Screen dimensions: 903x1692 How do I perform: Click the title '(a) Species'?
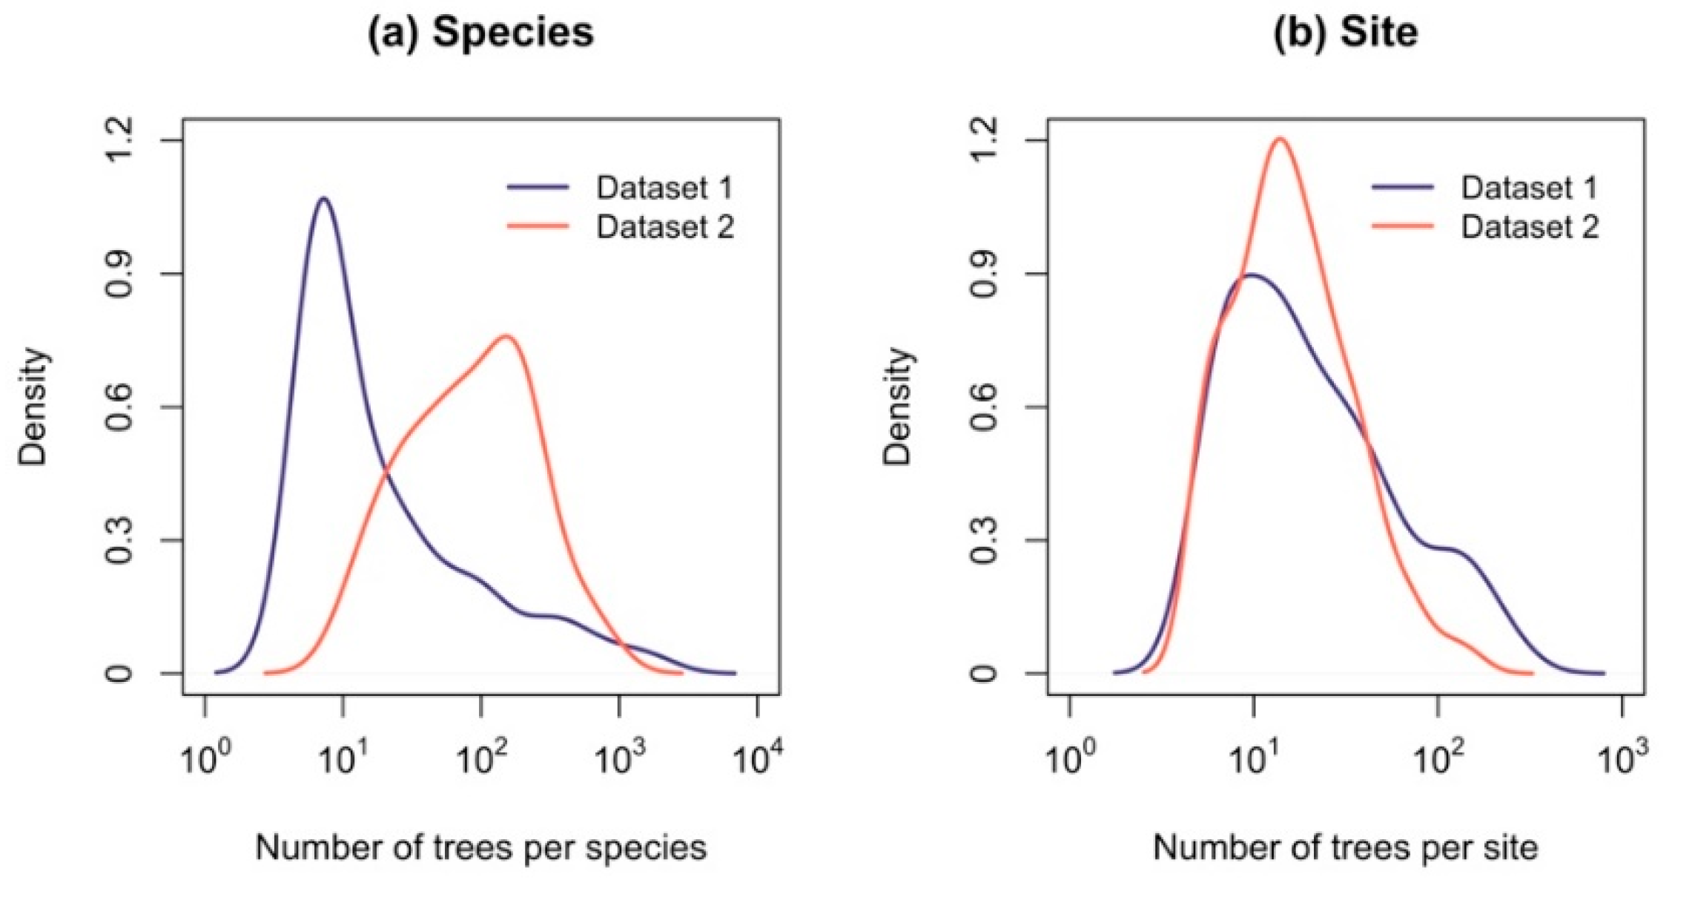coord(480,33)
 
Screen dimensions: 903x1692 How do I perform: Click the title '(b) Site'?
coord(1345,33)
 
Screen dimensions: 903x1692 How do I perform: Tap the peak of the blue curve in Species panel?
coord(323,198)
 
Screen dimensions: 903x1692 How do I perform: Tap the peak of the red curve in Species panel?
coord(506,336)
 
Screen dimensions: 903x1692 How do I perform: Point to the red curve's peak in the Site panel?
coord(1280,138)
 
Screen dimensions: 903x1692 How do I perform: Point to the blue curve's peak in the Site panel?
coord(1252,275)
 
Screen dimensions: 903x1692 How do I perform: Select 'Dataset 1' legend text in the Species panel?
coord(664,188)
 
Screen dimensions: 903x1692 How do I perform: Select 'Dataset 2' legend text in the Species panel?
coord(664,226)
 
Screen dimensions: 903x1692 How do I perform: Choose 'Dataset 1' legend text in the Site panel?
coord(1529,188)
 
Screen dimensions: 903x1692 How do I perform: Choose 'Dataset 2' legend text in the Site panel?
coord(1529,226)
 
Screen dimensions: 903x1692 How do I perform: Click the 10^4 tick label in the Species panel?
coord(757,758)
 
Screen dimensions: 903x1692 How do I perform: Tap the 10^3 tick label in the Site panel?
coord(1622,758)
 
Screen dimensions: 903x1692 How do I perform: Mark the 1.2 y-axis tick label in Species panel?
coord(119,140)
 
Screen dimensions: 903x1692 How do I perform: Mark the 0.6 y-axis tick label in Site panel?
coord(983,407)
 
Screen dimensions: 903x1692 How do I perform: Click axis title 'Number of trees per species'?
coord(480,847)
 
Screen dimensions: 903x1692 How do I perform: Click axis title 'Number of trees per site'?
coord(1345,847)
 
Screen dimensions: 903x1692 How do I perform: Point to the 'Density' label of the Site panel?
coord(897,407)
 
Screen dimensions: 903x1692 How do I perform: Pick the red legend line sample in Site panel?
coord(1402,226)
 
